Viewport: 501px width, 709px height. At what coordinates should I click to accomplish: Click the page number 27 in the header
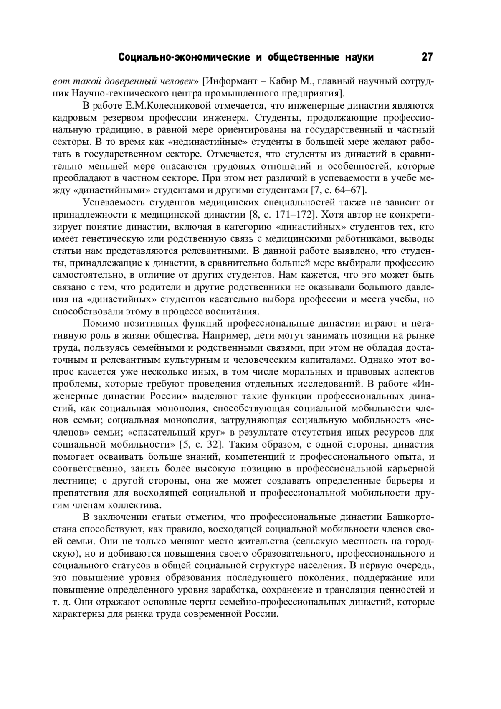[427, 57]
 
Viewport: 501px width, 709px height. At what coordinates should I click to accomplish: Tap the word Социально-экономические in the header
[184, 57]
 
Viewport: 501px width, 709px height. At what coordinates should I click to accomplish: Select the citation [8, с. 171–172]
[278, 215]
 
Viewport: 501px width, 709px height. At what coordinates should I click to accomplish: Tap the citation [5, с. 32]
[200, 444]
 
